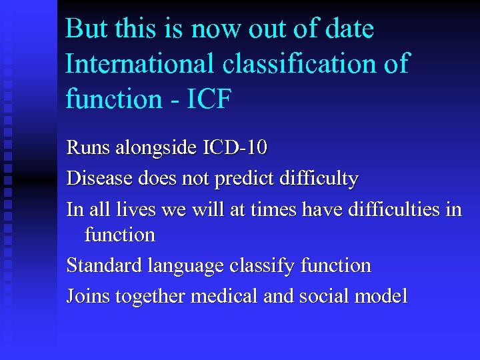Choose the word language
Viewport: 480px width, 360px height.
click(188, 267)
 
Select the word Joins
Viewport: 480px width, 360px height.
click(89, 297)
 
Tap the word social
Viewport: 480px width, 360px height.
click(323, 297)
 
